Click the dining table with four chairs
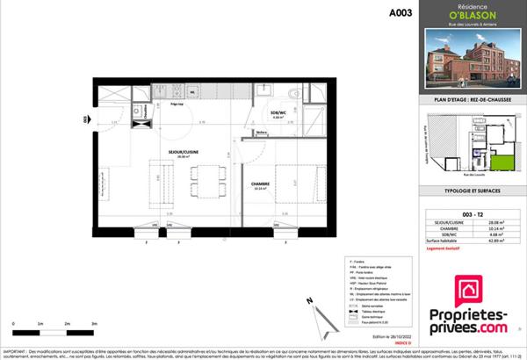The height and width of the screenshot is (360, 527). coord(200,180)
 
